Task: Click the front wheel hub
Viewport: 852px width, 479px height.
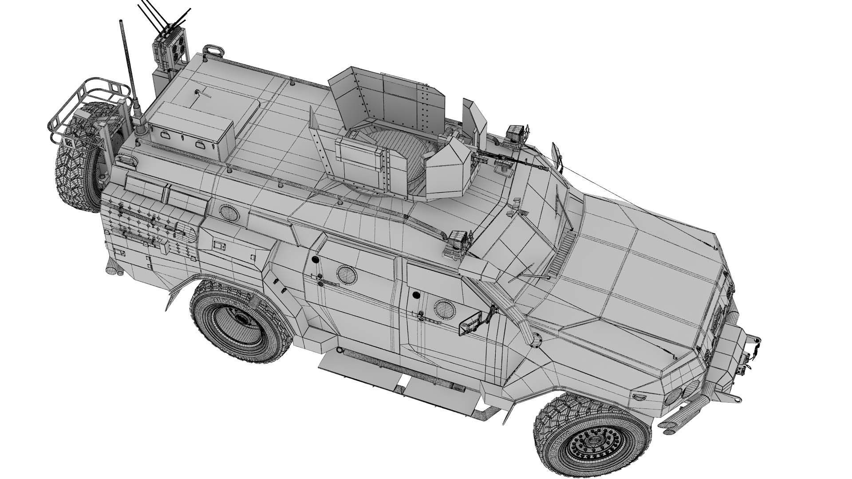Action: [596, 441]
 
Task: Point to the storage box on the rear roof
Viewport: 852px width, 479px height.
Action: [191, 129]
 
